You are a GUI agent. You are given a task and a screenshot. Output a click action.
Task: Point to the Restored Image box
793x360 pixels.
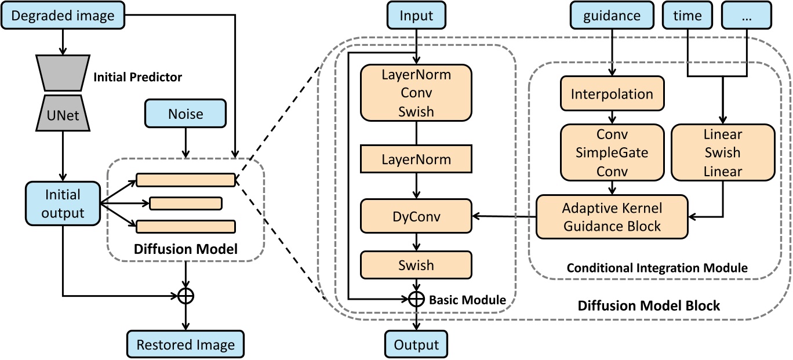click(185, 345)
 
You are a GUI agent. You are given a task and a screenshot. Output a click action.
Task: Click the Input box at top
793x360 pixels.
click(416, 15)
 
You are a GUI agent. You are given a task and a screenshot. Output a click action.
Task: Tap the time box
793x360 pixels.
click(687, 15)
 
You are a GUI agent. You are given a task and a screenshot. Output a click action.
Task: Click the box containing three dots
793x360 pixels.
click(747, 15)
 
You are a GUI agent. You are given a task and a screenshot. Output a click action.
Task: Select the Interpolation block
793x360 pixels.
click(612, 94)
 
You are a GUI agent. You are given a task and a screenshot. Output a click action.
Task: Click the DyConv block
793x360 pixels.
click(416, 216)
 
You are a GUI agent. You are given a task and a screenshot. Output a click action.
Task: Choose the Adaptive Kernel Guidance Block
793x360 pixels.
click(612, 217)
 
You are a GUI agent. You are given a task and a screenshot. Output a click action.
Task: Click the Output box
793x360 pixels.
click(416, 345)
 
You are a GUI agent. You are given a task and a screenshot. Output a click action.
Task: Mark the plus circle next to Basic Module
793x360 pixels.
click(416, 299)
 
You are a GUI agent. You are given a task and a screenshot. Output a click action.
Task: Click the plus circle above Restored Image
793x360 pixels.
click(185, 296)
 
